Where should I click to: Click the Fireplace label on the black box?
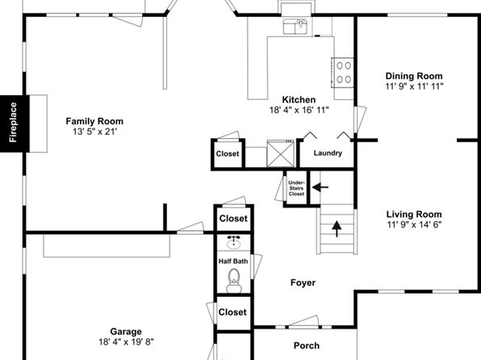[x=13, y=123]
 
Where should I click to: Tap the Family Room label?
[x=94, y=121]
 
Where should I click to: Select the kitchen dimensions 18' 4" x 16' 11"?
[x=299, y=110]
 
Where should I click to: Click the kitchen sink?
[x=295, y=27]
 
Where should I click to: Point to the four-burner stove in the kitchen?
[x=343, y=73]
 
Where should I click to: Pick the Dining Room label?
[x=414, y=76]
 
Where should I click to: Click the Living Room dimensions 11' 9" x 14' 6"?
[x=414, y=224]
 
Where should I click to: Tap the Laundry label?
[x=328, y=153]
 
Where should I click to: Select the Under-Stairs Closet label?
[x=296, y=188]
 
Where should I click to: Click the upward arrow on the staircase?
[x=337, y=228]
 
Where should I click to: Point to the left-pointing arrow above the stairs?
[x=320, y=187]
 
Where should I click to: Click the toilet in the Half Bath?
[x=234, y=281]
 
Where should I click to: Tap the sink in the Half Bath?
[x=234, y=242]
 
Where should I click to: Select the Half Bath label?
[x=233, y=262]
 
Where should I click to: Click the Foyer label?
[x=303, y=283]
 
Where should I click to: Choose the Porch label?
[x=307, y=345]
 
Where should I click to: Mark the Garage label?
[x=126, y=332]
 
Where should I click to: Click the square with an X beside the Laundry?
[x=281, y=153]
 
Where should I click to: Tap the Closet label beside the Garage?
[x=232, y=312]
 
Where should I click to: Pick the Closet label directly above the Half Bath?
[x=233, y=219]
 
